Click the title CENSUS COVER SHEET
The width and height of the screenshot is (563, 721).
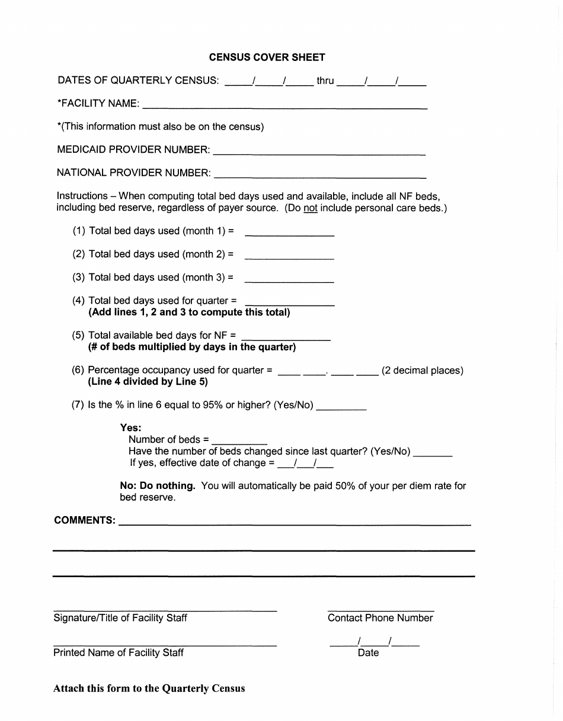click(267, 57)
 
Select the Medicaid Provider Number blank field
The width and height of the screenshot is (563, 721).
click(319, 151)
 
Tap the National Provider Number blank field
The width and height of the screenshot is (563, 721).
click(319, 174)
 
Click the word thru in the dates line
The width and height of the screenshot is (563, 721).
click(325, 81)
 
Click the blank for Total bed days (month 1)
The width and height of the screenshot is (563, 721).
click(289, 232)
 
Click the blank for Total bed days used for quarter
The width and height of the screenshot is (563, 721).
click(289, 301)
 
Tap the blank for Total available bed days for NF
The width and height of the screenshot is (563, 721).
click(286, 336)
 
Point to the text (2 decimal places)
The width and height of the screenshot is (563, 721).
click(422, 371)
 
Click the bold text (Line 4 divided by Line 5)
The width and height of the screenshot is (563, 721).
click(148, 382)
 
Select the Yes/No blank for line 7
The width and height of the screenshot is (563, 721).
click(341, 407)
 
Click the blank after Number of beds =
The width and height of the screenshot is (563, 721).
click(239, 440)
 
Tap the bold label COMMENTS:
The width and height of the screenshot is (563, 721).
click(84, 520)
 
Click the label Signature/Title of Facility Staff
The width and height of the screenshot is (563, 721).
click(120, 618)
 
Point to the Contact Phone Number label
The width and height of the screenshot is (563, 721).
click(380, 618)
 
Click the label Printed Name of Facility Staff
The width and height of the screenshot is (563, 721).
click(119, 652)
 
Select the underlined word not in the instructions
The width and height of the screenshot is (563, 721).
click(311, 208)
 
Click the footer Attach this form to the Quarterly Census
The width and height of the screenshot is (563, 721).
click(149, 688)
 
